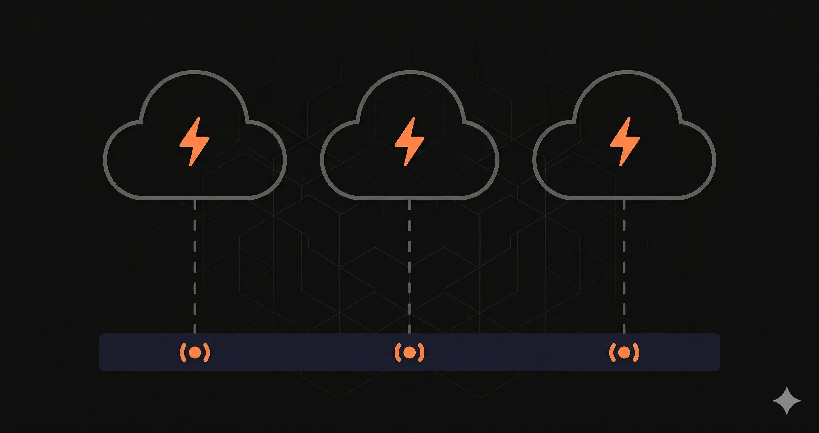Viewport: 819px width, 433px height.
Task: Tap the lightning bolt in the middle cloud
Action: pyautogui.click(x=409, y=141)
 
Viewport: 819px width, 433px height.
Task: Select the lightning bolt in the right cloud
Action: pyautogui.click(x=624, y=141)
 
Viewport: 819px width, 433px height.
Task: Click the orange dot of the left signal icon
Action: pyautogui.click(x=195, y=352)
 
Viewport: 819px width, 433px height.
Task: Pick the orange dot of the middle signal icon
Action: pyautogui.click(x=409, y=352)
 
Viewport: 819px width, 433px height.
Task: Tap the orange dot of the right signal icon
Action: pyautogui.click(x=624, y=352)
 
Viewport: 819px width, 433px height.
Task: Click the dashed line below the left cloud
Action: pyautogui.click(x=195, y=267)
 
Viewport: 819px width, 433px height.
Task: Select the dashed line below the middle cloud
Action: pyautogui.click(x=409, y=267)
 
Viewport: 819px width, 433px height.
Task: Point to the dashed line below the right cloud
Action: pyautogui.click(x=624, y=267)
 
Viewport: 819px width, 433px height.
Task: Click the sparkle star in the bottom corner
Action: pyautogui.click(x=787, y=400)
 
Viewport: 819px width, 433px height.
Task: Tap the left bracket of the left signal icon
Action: pyautogui.click(x=183, y=352)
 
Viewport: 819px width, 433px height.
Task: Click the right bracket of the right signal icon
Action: pyautogui.click(x=636, y=352)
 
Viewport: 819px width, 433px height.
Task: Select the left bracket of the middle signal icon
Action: pyautogui.click(x=397, y=352)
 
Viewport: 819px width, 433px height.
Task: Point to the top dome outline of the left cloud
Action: pyautogui.click(x=194, y=72)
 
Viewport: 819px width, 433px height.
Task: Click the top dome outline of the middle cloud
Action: pyautogui.click(x=410, y=72)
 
